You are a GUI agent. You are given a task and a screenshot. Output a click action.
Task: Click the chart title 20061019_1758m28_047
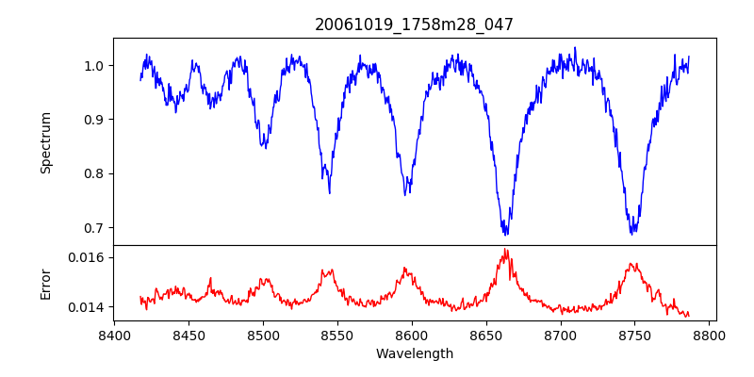coord(414,25)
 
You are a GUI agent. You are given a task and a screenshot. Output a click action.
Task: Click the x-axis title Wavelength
coord(414,354)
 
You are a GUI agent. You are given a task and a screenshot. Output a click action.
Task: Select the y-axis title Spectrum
coord(46,142)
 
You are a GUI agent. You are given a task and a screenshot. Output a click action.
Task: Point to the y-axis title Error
coord(46,283)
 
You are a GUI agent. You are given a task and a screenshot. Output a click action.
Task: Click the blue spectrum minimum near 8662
coord(506,234)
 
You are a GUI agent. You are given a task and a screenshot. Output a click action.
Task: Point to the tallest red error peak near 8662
coord(505,250)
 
